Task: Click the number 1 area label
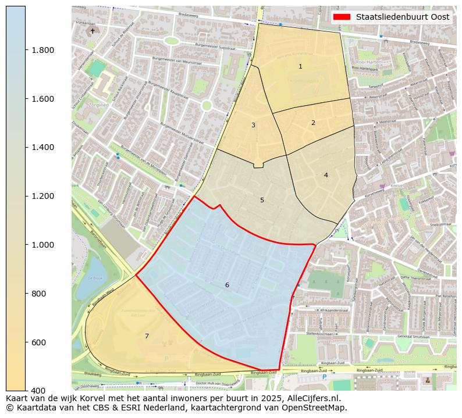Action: [300, 67]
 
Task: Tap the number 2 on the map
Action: [313, 123]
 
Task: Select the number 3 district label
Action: [253, 125]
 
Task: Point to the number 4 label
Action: [326, 175]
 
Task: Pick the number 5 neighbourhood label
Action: [262, 201]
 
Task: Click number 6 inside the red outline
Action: [227, 285]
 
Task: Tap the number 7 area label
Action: [147, 336]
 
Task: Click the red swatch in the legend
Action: [342, 17]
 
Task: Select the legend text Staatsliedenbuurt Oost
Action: [403, 17]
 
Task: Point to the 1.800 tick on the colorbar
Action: [42, 50]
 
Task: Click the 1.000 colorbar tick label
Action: [42, 245]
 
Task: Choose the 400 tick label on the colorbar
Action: [39, 390]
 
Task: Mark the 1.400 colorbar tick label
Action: [42, 147]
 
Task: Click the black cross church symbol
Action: [93, 30]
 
